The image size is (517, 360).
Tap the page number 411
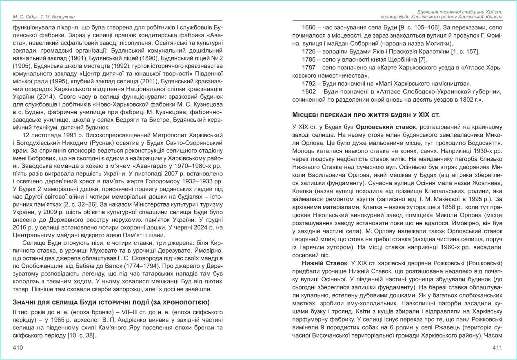497,348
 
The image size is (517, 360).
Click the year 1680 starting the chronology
309,27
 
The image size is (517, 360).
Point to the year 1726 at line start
309,52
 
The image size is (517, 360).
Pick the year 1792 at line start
309,84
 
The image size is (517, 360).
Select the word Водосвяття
485,143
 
